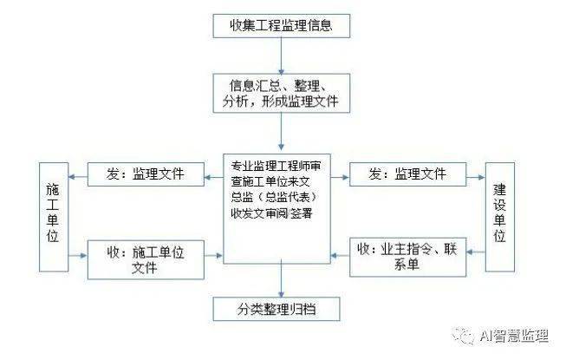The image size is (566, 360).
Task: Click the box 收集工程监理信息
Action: pyautogui.click(x=281, y=26)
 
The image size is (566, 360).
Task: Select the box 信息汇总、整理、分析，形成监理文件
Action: pyautogui.click(x=281, y=93)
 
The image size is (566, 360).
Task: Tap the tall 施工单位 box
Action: pyautogui.click(x=54, y=217)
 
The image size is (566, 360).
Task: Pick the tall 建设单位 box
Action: pyautogui.click(x=500, y=217)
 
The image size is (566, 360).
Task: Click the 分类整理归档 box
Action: pyautogui.click(x=276, y=309)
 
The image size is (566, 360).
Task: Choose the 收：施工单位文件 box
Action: pyautogui.click(x=146, y=259)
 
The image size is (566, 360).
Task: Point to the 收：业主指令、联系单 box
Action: pyautogui.click(x=408, y=257)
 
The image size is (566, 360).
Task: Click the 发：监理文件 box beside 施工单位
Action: pyautogui.click(x=146, y=174)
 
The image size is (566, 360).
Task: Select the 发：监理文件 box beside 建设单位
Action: pyautogui.click(x=408, y=174)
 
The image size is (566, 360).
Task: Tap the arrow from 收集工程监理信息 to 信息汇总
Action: pyautogui.click(x=281, y=56)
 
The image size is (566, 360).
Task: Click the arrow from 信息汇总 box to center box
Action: pyautogui.click(x=281, y=132)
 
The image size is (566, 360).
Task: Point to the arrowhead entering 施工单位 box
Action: pyautogui.click(x=72, y=177)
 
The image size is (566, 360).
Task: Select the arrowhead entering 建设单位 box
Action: pyautogui.click(x=482, y=177)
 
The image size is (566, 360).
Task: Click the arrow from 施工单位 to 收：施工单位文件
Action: pyautogui.click(x=78, y=256)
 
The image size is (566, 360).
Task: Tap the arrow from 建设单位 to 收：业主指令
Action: pyautogui.click(x=476, y=252)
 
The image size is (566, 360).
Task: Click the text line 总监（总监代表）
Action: pyautogui.click(x=275, y=197)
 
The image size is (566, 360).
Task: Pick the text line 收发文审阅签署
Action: pyautogui.click(x=271, y=213)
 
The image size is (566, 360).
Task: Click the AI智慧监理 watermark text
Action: pyautogui.click(x=514, y=336)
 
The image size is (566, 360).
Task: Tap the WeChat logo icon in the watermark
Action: pyautogui.click(x=464, y=337)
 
